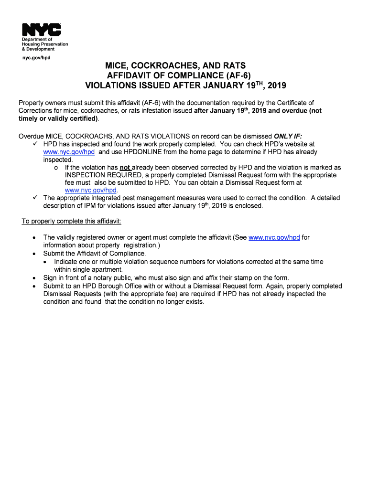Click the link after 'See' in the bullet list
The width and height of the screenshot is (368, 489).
(x=274, y=237)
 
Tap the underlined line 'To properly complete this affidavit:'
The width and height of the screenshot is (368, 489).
(x=72, y=222)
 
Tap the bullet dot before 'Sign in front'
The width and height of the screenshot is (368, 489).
(x=33, y=278)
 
